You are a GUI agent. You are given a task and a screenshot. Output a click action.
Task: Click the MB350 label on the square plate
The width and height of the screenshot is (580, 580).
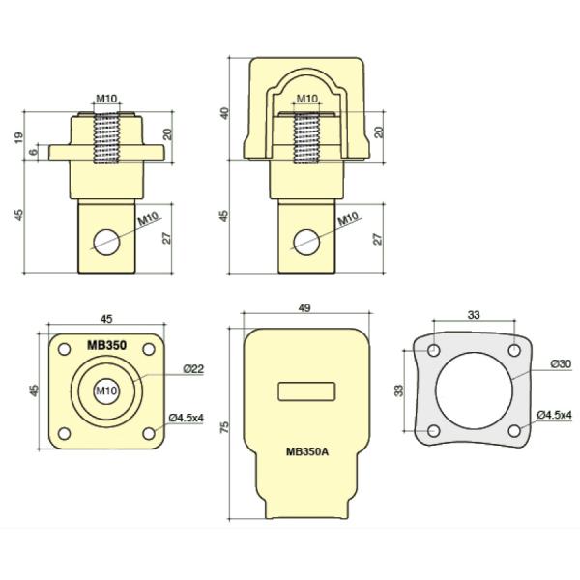[x=106, y=345]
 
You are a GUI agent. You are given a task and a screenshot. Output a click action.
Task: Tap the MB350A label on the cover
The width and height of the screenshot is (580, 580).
[x=307, y=451]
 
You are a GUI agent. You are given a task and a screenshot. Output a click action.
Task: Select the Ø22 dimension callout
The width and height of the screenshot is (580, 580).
[x=193, y=369]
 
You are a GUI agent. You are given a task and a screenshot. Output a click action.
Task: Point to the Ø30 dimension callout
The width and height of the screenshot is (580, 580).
[x=561, y=364]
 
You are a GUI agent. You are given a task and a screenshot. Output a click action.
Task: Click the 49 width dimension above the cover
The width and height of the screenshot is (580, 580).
[x=304, y=308]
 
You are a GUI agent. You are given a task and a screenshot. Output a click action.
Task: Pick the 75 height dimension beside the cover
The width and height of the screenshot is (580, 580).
[x=224, y=427]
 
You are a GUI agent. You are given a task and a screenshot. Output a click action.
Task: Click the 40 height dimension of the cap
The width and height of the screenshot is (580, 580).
[x=224, y=113]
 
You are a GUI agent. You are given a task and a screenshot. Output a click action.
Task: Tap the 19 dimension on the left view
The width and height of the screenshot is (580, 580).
[x=18, y=137]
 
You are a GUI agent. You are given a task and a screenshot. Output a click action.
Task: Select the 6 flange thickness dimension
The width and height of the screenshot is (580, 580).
[x=34, y=152]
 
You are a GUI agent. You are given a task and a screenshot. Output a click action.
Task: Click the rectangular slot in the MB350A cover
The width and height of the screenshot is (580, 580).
[x=306, y=391]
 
